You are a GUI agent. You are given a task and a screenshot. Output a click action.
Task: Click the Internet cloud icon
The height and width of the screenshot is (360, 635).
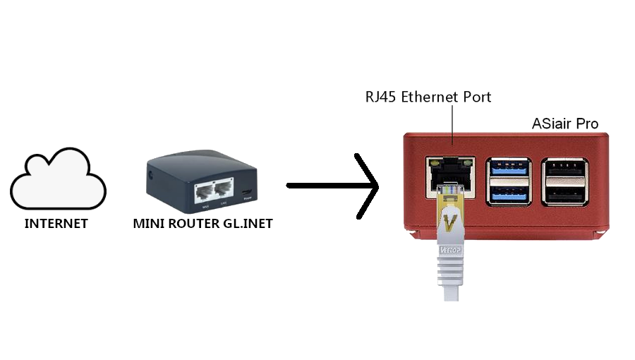pos(58,179)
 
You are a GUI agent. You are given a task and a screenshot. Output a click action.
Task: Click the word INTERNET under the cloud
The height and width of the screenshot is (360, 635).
pos(56,224)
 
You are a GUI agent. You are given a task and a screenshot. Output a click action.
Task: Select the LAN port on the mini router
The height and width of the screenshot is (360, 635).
pos(224,190)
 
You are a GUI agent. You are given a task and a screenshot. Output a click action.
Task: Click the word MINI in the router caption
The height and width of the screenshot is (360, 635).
pos(146,224)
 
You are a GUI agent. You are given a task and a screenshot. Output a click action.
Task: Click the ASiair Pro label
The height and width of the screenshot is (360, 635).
pos(564,124)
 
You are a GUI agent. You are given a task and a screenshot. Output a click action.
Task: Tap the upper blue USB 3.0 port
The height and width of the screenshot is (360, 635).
pos(507,170)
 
